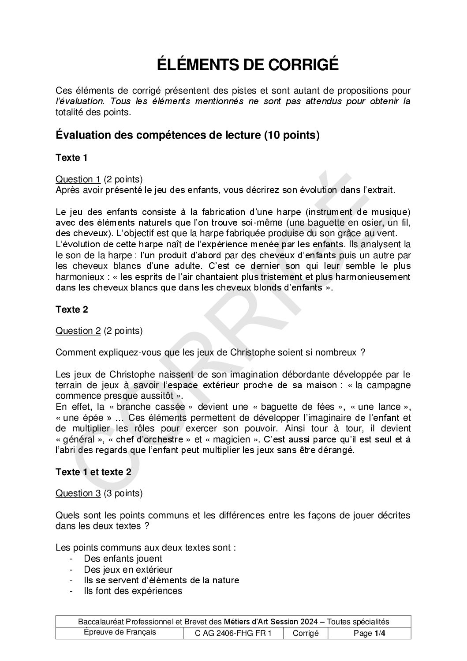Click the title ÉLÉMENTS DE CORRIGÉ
pos(248,65)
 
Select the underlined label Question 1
pos(78,179)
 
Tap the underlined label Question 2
pos(78,331)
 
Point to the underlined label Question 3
pos(78,493)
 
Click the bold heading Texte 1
pos(72,158)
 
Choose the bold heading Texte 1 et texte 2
pos(93,472)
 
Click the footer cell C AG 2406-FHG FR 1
pos(233,633)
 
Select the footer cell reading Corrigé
pos(306,633)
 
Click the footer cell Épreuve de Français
pos(120,632)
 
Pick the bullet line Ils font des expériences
pos(133,591)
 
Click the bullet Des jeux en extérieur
pos(128,570)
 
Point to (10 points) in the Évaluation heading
pos(291,135)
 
